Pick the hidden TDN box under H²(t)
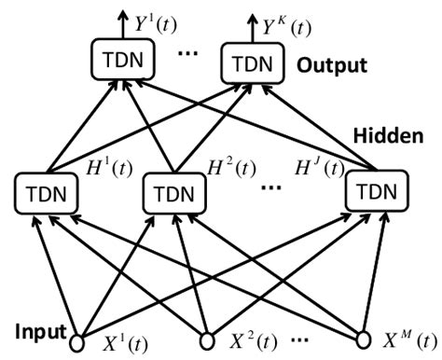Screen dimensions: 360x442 [172, 195]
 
